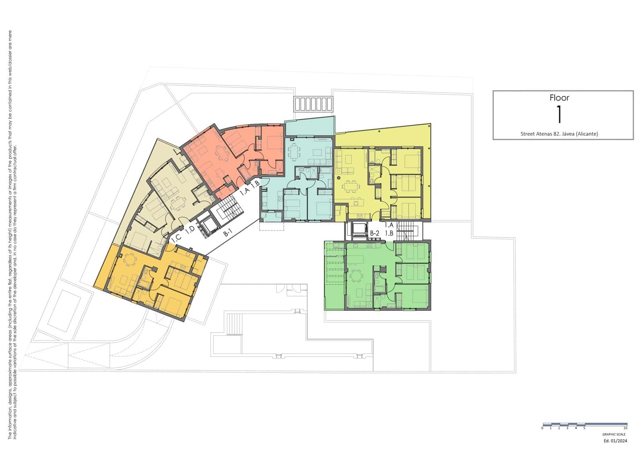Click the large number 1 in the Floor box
click(x=559, y=114)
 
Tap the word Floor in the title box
click(x=559, y=98)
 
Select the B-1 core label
click(x=228, y=232)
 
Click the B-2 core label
click(x=375, y=233)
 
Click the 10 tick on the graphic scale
click(x=625, y=428)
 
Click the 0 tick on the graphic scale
click(x=542, y=428)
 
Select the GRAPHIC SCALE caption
click(x=614, y=434)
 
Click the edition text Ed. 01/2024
click(x=615, y=441)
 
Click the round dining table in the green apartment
click(x=355, y=277)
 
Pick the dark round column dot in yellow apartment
click(x=339, y=177)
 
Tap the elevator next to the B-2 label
click(x=358, y=230)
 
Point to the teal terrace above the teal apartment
click(x=309, y=126)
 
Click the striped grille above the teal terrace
click(x=313, y=104)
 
